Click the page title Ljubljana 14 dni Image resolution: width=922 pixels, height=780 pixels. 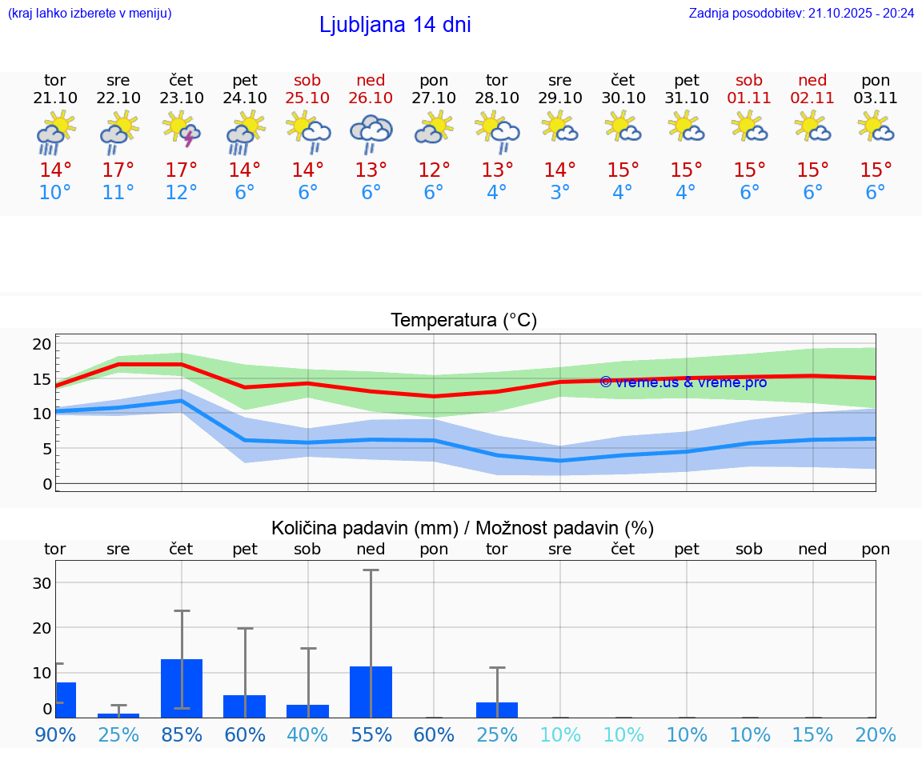click(x=395, y=25)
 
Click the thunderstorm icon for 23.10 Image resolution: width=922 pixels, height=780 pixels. click(x=182, y=129)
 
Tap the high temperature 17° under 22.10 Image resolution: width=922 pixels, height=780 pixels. click(x=118, y=170)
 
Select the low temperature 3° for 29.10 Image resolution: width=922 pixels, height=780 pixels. click(x=559, y=193)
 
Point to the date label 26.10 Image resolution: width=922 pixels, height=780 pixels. click(x=371, y=98)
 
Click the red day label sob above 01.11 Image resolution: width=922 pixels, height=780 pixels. click(x=749, y=80)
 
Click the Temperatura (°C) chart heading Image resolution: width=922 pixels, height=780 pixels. click(x=463, y=321)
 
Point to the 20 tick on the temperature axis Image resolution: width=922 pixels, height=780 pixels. click(x=42, y=344)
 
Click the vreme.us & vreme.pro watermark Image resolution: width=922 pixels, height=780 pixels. click(x=683, y=382)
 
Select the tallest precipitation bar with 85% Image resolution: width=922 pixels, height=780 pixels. click(x=182, y=688)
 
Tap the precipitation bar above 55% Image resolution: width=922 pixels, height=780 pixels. click(x=371, y=691)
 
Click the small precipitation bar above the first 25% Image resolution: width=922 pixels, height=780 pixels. click(x=118, y=715)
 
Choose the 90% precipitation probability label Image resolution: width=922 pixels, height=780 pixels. click(x=55, y=734)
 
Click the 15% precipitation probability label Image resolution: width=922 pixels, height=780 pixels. click(x=812, y=734)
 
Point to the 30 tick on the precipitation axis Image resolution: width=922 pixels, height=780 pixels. click(x=42, y=582)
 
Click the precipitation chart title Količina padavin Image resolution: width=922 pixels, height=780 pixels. click(x=463, y=528)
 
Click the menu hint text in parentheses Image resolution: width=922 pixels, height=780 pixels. click(x=90, y=14)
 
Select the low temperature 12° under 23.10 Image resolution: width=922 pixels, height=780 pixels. click(x=182, y=193)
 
